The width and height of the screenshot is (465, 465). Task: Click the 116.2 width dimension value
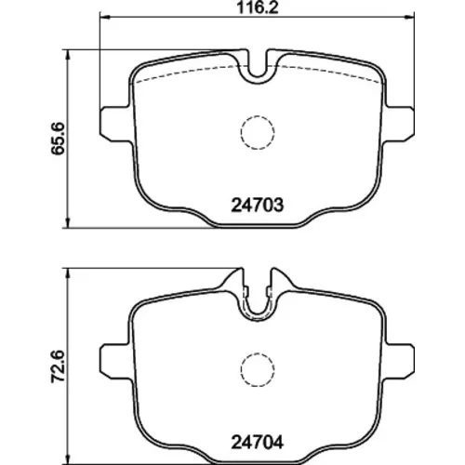258,7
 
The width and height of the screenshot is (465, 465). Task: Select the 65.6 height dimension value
58,139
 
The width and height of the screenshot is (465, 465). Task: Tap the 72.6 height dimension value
58,366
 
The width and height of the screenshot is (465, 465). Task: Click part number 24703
258,205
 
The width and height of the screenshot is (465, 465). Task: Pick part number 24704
258,443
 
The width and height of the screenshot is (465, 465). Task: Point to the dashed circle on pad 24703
258,116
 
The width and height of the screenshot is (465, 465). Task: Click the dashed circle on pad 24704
258,353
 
